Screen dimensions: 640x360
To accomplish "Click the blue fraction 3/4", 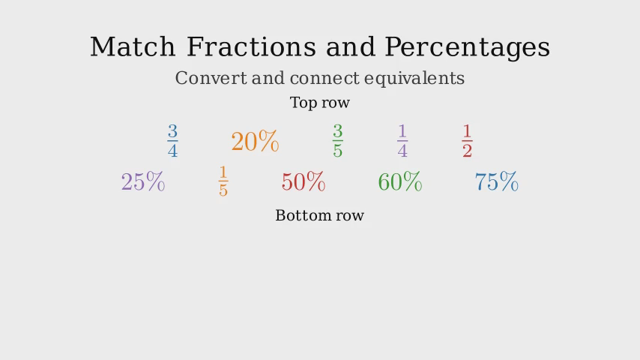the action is pos(172,141).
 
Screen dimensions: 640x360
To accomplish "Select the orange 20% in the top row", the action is pos(255,142).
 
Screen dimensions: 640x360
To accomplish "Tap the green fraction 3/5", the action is pos(337,141).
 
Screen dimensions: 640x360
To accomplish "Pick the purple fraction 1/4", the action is pos(402,141).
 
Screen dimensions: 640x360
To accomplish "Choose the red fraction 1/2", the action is pos(468,141).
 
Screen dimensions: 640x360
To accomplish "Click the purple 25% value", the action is pos(143,181).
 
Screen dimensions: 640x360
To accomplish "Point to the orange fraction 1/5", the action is pos(223,181).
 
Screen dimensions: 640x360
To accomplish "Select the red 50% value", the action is pos(304,181).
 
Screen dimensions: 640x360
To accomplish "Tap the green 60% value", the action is pos(400,181).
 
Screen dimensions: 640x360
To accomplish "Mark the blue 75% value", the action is pos(497,181).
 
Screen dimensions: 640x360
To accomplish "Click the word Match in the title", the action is pos(133,46).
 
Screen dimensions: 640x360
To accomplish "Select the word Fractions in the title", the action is pos(251,46).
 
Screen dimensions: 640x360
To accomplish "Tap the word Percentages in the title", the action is pos(468,48).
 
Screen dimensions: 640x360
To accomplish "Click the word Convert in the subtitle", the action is pos(211,78).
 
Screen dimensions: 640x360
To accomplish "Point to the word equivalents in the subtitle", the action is pos(414,79).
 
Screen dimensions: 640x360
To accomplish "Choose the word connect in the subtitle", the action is pos(324,79).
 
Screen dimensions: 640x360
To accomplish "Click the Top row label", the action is pos(319,102).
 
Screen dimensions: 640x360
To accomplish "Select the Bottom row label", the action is pos(319,215).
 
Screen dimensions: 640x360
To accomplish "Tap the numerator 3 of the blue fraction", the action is pos(172,131).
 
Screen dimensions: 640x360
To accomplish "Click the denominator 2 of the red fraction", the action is pos(468,150).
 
